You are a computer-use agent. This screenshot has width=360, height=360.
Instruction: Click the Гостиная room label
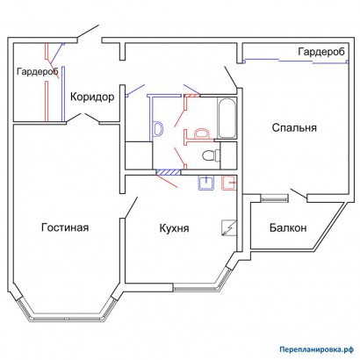click(x=65, y=228)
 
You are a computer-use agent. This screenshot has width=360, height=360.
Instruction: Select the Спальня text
click(x=292, y=127)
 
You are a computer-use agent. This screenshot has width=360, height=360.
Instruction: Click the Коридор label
click(x=91, y=97)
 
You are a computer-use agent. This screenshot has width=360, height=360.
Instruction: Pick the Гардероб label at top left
click(x=34, y=71)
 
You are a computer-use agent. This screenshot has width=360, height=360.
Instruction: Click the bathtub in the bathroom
click(x=227, y=119)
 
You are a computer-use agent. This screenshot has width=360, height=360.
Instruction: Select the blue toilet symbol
click(x=160, y=128)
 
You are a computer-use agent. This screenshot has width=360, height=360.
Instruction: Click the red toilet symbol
click(x=200, y=133)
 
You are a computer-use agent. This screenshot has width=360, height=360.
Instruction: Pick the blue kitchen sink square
click(x=207, y=183)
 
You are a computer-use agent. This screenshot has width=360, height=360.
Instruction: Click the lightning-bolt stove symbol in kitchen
click(x=229, y=227)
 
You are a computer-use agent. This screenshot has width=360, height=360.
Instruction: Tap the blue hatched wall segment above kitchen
click(x=163, y=172)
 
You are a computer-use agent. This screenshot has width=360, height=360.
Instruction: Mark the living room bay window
click(x=69, y=317)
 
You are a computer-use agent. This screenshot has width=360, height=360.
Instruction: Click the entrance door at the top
click(x=89, y=34)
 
